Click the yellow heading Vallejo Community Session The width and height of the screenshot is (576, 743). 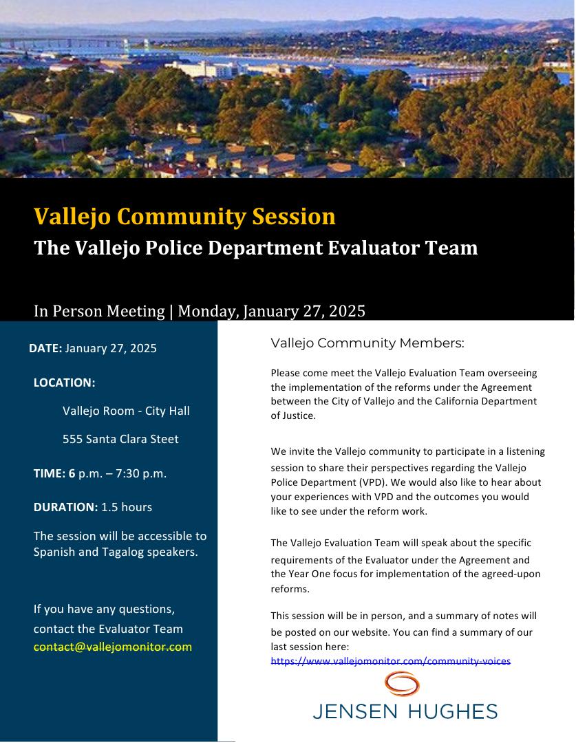pos(184,217)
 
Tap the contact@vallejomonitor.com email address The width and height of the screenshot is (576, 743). pos(113,647)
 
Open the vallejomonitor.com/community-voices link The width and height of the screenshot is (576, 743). pos(390,661)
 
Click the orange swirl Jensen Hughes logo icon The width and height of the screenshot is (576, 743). pos(403,685)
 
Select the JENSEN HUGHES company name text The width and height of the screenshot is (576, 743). pos(405,711)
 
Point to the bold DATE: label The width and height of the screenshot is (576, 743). pos(45,348)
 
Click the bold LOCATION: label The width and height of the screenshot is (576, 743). pos(64,383)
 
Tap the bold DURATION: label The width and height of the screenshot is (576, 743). pos(65,507)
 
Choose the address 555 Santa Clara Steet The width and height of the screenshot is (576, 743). pos(120,439)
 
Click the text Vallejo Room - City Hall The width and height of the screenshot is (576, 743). pos(126,411)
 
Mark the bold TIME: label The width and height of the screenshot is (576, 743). pos(50,473)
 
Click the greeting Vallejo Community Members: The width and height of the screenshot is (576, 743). pos(367,343)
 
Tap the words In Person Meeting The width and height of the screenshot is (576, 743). pos(99,311)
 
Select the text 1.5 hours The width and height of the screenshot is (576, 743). pos(127,507)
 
